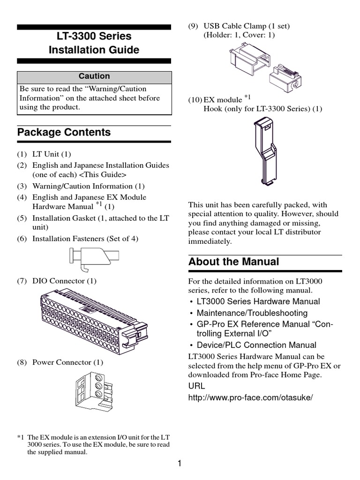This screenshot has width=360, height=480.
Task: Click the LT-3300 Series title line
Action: coord(94,36)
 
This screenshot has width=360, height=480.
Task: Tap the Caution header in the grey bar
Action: coord(94,76)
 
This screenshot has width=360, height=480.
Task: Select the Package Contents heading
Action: coord(64,132)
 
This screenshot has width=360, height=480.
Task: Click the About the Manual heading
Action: coord(233,262)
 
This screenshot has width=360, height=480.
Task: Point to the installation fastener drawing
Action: coord(94,258)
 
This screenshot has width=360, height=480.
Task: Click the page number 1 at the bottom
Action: coord(180,464)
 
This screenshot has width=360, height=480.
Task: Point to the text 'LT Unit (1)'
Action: coord(52,154)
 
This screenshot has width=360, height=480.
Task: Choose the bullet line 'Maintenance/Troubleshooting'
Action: coord(252,313)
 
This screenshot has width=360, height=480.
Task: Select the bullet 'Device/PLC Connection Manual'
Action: coord(256,345)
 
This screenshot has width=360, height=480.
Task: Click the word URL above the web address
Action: coord(196,386)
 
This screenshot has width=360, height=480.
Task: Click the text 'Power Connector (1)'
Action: coord(67,362)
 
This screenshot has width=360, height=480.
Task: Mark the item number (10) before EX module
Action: coord(195,100)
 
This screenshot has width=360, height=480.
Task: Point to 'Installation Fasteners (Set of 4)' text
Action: coord(85,239)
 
